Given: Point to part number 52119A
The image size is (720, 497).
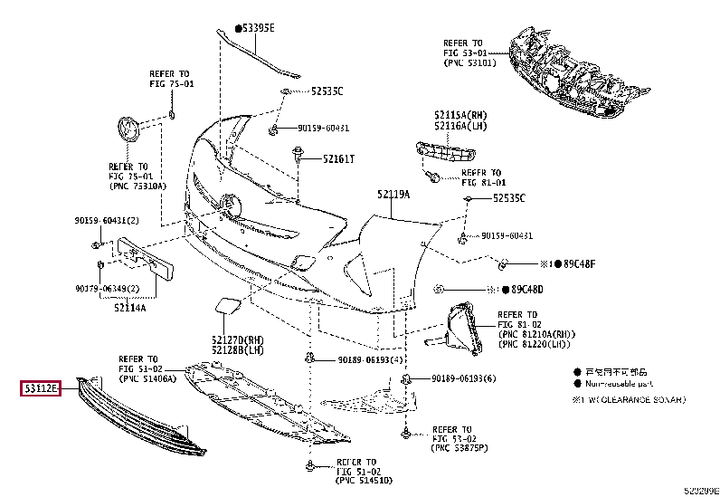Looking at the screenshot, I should point(393,195).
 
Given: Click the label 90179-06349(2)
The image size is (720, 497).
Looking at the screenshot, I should point(107,289).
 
